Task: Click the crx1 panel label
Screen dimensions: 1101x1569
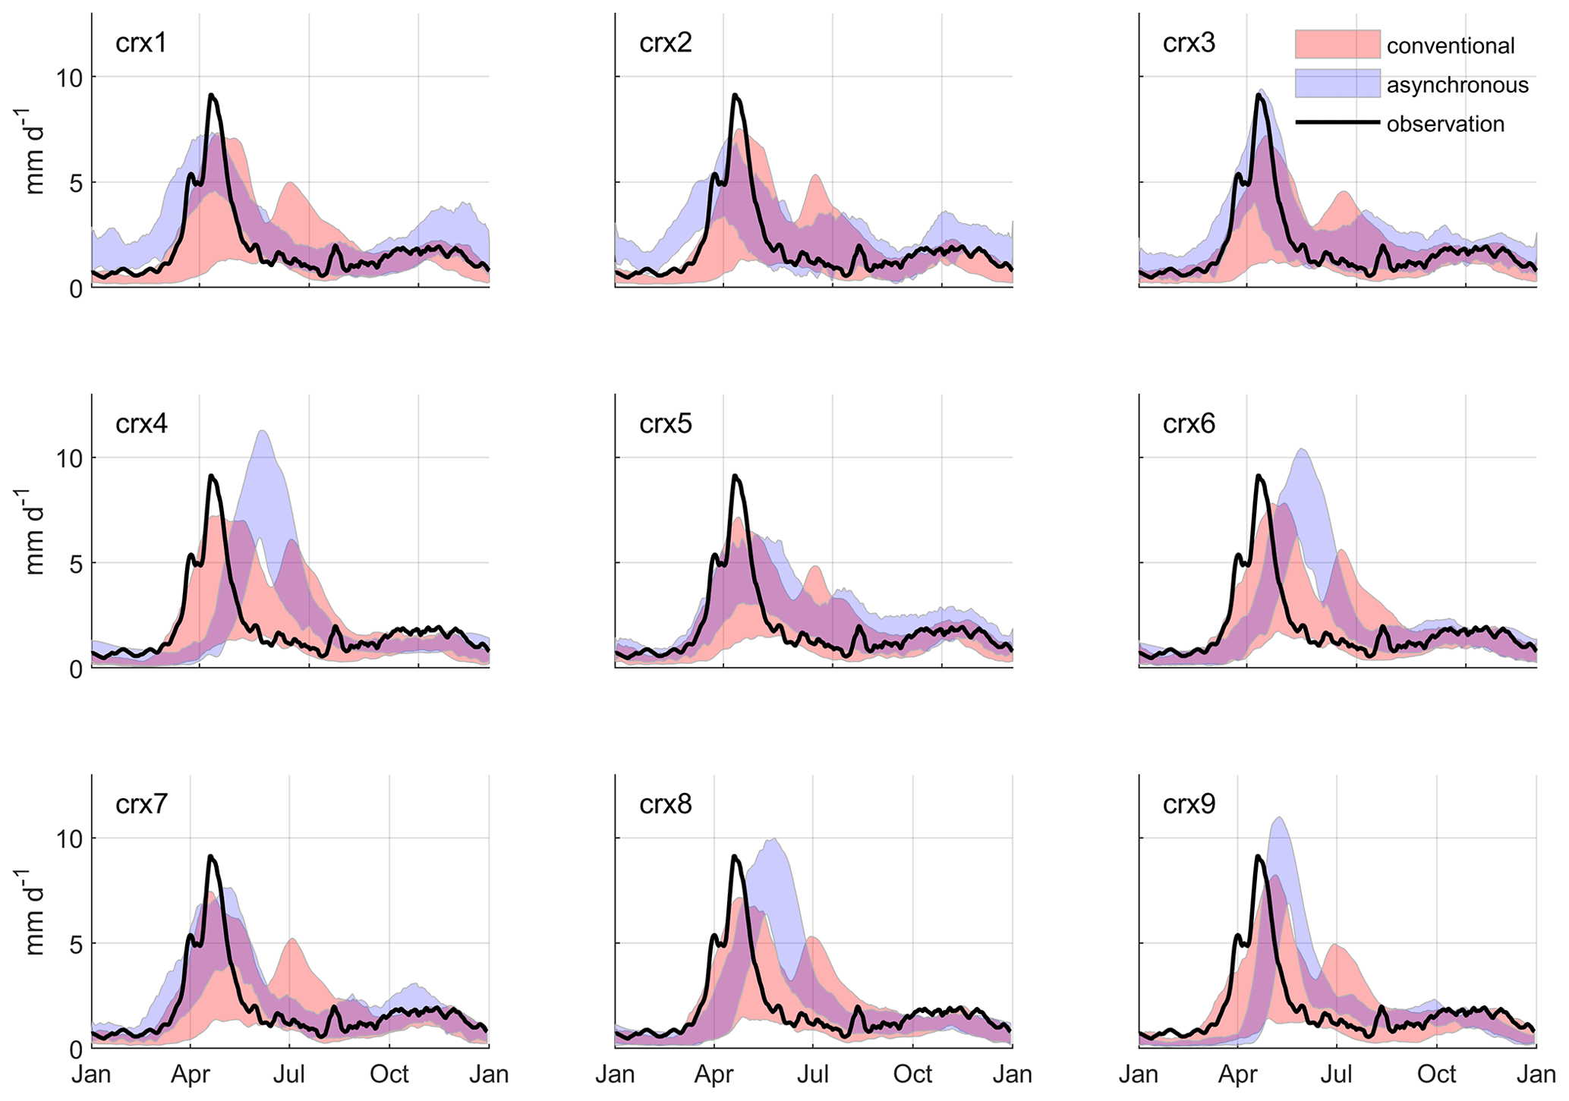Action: pyautogui.click(x=141, y=42)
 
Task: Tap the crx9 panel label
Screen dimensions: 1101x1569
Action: pyautogui.click(x=1189, y=804)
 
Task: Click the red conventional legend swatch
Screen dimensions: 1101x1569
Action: pyautogui.click(x=1337, y=44)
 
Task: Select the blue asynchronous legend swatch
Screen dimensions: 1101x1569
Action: pyautogui.click(x=1337, y=83)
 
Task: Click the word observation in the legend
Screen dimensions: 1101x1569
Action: pyautogui.click(x=1445, y=124)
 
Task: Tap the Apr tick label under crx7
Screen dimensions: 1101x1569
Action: pyautogui.click(x=191, y=1075)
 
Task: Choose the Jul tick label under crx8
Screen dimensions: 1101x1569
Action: pyautogui.click(x=813, y=1075)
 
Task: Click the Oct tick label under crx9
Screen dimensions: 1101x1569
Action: pyautogui.click(x=1437, y=1075)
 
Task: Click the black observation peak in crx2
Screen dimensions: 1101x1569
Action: pyautogui.click(x=735, y=96)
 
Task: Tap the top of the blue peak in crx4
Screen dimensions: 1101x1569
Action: pyautogui.click(x=262, y=432)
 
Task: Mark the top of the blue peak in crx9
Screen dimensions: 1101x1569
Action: pyautogui.click(x=1280, y=818)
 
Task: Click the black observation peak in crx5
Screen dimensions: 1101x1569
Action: pyautogui.click(x=735, y=477)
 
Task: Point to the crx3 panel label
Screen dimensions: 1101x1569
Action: pyautogui.click(x=1189, y=42)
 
